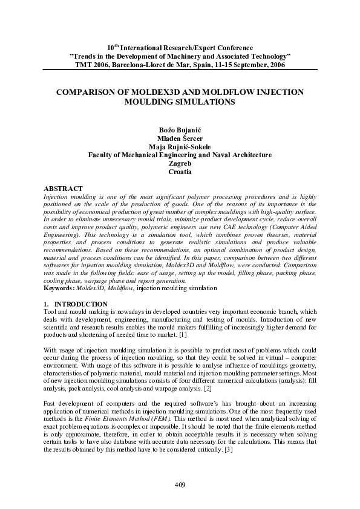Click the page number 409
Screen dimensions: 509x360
pyautogui.click(x=180, y=485)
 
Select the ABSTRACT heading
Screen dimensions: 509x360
pyautogui.click(x=64, y=189)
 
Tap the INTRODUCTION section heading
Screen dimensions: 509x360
pyautogui.click(x=80, y=303)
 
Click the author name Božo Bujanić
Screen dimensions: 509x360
pyautogui.click(x=180, y=129)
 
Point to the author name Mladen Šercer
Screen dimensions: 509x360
pyautogui.click(x=180, y=138)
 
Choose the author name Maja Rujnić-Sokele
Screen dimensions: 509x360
pyautogui.click(x=180, y=146)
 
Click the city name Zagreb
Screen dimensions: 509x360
pyautogui.click(x=180, y=163)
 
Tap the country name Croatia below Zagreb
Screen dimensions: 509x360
pyautogui.click(x=180, y=172)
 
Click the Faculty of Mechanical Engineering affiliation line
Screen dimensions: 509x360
pyautogui.click(x=180, y=155)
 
